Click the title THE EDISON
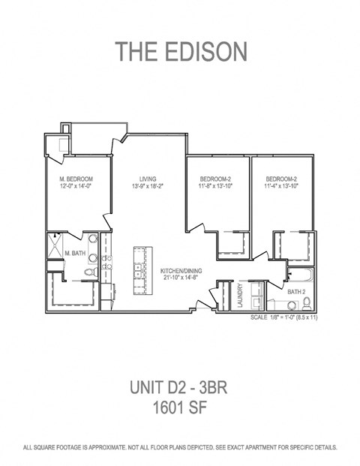pos(180,51)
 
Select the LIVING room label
pos(148,179)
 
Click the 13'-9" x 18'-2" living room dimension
pos(148,186)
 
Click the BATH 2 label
pos(296,290)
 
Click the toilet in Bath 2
pos(306,304)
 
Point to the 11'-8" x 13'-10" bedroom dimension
pos(218,186)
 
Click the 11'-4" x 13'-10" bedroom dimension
pos(283,186)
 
